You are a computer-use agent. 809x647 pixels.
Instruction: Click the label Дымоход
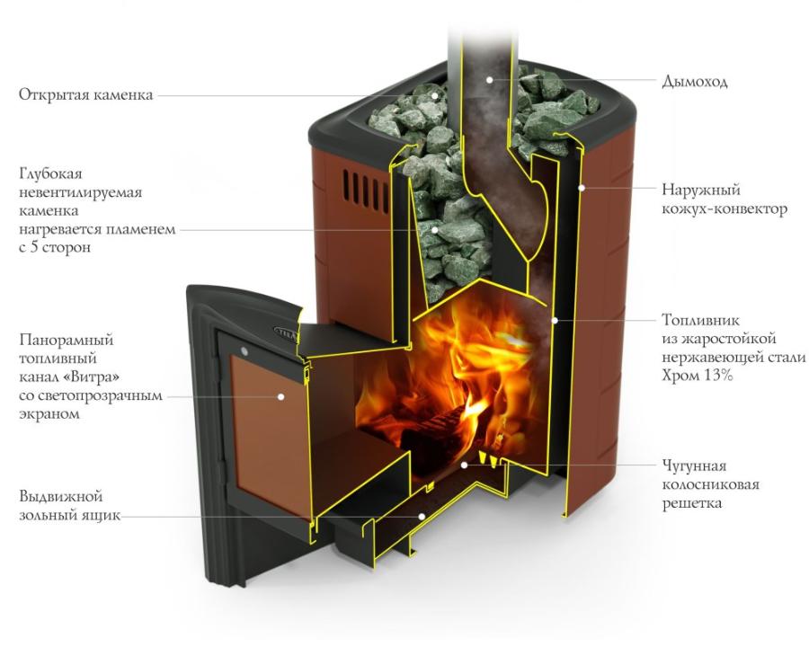tap(695, 82)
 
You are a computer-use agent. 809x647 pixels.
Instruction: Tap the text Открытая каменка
tap(86, 95)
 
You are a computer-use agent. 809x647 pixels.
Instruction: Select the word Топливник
tap(700, 320)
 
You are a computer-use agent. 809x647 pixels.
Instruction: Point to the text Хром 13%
tap(697, 375)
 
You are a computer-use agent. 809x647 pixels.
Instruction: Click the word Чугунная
tap(694, 465)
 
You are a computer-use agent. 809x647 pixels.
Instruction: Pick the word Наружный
tap(701, 190)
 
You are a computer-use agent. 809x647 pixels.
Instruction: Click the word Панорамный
tap(66, 340)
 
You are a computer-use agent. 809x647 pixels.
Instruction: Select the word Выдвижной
tap(61, 497)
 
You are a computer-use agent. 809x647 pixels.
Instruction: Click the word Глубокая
tap(50, 173)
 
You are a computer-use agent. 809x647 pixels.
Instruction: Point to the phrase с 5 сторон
tap(55, 247)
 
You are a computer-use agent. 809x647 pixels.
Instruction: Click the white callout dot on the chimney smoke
tap(489, 79)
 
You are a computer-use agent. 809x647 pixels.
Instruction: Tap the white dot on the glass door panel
tap(280, 397)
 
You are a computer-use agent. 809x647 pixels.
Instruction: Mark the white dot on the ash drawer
tap(422, 516)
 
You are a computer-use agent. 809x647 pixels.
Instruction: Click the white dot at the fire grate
tap(464, 465)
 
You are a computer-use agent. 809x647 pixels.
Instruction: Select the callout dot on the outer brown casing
tap(582, 188)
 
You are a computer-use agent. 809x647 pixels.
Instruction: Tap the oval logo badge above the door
tap(285, 332)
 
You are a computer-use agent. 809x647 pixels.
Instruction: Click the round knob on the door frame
tap(244, 352)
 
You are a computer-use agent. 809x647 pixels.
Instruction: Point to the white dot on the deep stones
tap(436, 229)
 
